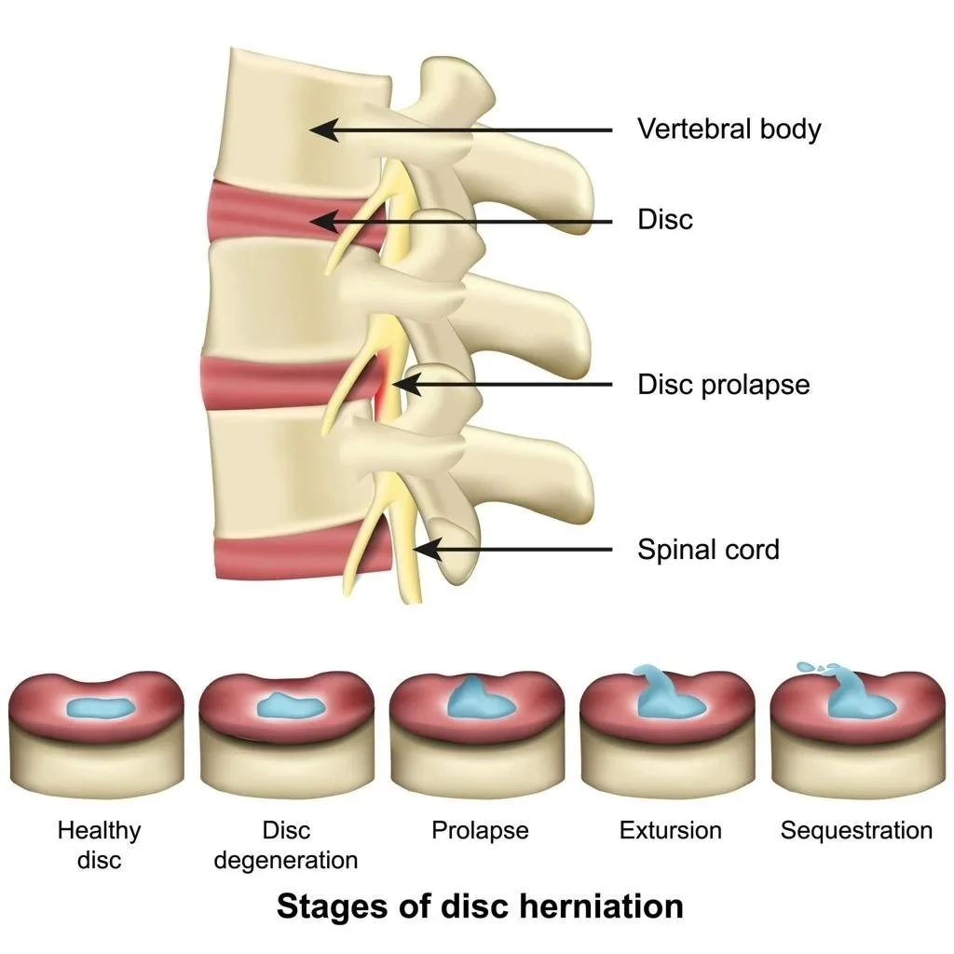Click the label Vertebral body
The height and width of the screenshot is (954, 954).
click(x=729, y=129)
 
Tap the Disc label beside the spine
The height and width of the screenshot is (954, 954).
click(x=665, y=220)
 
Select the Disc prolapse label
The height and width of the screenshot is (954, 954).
click(x=723, y=384)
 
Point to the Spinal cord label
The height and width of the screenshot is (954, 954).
click(x=708, y=550)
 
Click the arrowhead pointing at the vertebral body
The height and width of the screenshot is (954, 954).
click(x=320, y=129)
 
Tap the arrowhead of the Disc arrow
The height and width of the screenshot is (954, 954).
click(x=320, y=221)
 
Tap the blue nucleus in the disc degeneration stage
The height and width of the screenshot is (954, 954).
click(x=290, y=707)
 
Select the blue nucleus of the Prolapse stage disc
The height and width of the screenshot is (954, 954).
click(x=478, y=701)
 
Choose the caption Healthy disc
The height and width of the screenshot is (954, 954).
click(x=99, y=844)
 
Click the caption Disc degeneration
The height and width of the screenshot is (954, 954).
click(x=286, y=844)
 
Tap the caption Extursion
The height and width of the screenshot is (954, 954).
click(x=671, y=830)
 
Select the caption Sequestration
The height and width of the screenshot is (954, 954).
click(x=856, y=830)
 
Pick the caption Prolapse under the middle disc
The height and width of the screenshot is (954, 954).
click(x=480, y=830)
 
